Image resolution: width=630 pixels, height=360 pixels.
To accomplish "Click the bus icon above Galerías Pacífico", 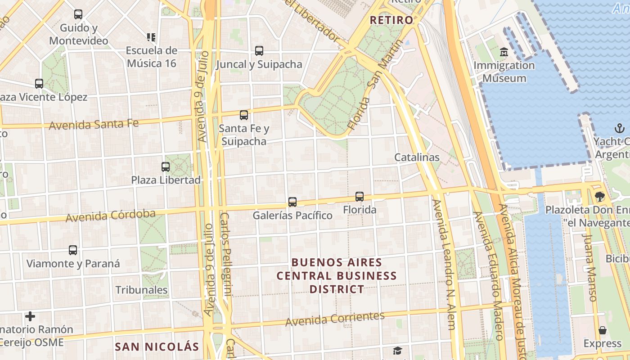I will click(292, 202).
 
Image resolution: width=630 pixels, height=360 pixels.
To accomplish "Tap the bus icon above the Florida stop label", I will click(359, 197).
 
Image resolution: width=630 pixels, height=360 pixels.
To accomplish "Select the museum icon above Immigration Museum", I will click(504, 52).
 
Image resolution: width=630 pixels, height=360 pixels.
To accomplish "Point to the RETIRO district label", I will click(391, 20).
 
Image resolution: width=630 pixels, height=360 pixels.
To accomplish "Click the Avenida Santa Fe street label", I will click(94, 124).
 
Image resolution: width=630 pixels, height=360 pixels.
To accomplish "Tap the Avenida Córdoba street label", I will click(110, 216).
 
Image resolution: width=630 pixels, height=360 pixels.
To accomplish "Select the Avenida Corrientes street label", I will click(335, 319).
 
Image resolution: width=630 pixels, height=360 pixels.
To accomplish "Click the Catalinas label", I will click(417, 157).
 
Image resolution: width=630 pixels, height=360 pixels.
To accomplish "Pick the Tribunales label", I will click(141, 290).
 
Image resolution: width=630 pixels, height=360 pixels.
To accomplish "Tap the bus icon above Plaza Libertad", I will click(166, 167).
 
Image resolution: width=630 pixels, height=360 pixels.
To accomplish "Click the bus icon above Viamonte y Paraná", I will click(73, 250).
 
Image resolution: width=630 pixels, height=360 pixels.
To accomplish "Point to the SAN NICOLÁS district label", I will click(157, 346).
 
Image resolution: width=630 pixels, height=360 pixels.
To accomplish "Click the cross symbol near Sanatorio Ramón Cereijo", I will click(30, 316).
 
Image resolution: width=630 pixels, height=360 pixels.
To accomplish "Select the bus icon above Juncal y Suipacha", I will click(259, 51).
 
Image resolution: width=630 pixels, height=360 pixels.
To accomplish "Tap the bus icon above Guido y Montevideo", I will click(78, 14).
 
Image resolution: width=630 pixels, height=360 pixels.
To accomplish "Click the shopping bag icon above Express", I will click(602, 331).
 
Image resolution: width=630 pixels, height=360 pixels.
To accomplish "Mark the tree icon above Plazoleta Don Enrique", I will click(599, 197).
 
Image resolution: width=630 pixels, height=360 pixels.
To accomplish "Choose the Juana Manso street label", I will click(589, 266).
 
